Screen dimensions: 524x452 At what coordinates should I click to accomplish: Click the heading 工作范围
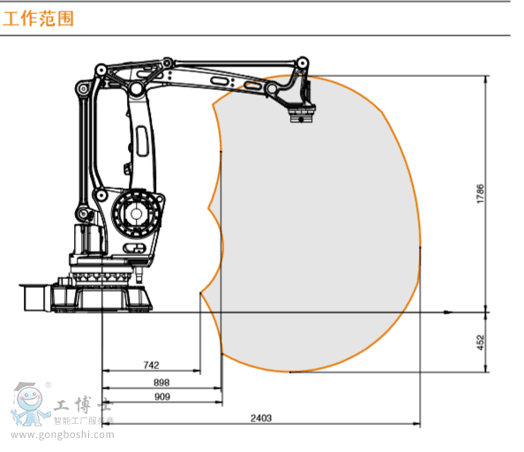pyautogui.click(x=38, y=19)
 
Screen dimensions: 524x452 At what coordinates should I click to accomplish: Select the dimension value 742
pyautogui.click(x=151, y=365)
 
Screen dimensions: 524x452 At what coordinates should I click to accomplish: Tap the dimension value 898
pyautogui.click(x=161, y=382)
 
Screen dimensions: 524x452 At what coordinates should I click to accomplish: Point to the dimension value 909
pyautogui.click(x=162, y=397)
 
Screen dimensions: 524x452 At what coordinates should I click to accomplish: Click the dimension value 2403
pyautogui.click(x=261, y=418)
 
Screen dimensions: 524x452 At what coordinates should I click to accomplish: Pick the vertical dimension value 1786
pyautogui.click(x=480, y=193)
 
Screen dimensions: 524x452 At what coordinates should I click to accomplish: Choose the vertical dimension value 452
pyautogui.click(x=480, y=343)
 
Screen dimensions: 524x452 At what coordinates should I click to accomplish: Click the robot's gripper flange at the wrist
pyautogui.click(x=302, y=115)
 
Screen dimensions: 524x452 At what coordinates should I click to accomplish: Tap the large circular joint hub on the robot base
pyautogui.click(x=135, y=214)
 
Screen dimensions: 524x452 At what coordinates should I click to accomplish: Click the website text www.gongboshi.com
pyautogui.click(x=63, y=434)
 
